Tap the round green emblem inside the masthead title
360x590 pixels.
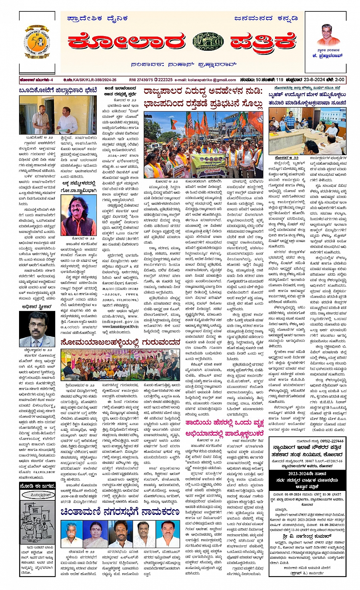pos(208,41)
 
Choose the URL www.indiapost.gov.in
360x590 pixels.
pos(120,321)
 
